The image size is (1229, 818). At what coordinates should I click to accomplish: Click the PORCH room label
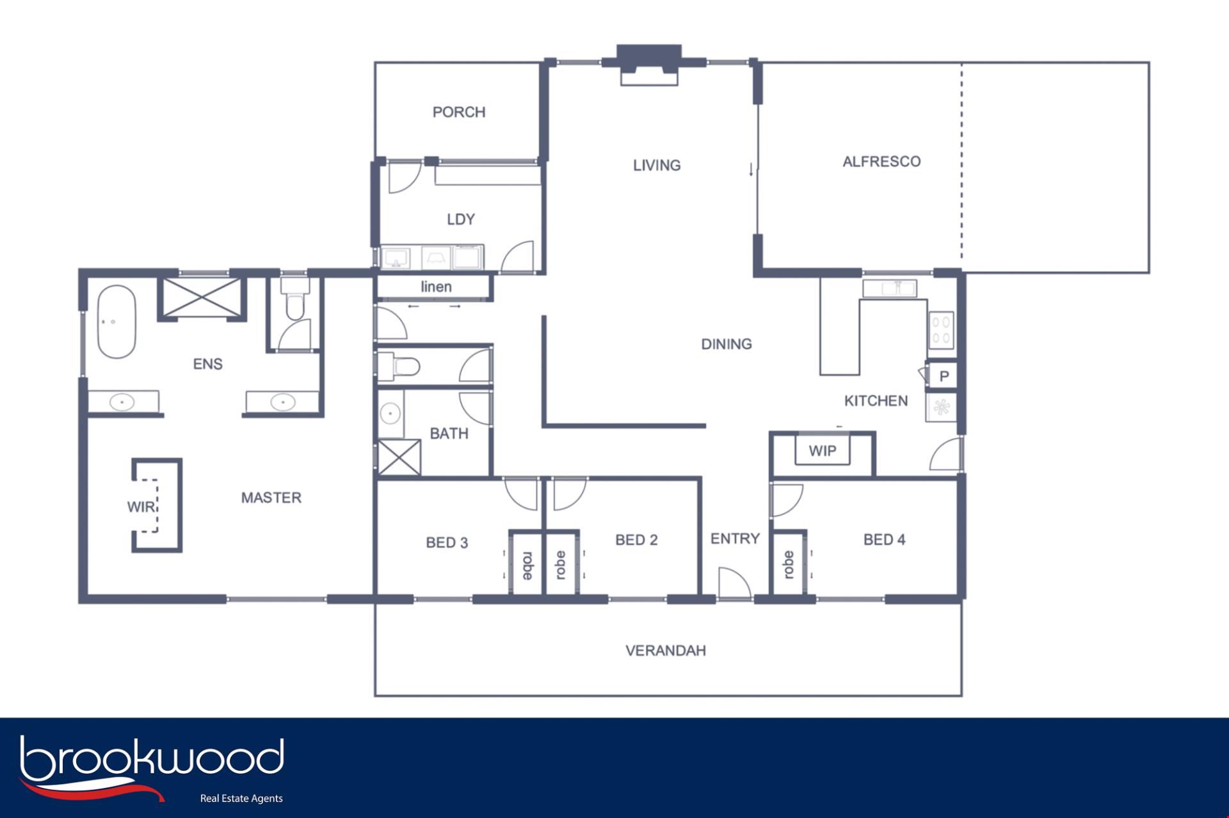[459, 113]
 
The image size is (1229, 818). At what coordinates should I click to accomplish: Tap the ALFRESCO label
[881, 162]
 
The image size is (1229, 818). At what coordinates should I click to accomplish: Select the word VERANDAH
[666, 651]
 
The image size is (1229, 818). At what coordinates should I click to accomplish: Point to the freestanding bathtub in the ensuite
[116, 322]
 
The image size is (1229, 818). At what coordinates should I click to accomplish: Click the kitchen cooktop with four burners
[942, 330]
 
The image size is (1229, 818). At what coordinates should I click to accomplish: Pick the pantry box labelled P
[944, 376]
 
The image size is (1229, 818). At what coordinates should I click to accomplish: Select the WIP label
[823, 451]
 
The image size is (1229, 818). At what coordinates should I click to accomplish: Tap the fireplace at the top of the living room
[648, 65]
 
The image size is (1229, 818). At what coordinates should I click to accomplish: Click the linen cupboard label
[436, 287]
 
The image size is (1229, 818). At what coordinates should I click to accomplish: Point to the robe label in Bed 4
[789, 564]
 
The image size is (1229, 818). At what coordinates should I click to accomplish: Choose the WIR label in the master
[141, 507]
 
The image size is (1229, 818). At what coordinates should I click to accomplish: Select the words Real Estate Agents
[241, 798]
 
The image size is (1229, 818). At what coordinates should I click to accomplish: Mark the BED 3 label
[447, 543]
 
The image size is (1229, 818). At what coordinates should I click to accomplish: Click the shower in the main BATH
[399, 457]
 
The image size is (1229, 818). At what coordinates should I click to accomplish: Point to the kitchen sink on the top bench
[889, 288]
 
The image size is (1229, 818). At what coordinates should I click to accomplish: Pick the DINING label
[727, 344]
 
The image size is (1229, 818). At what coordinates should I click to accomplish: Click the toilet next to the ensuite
[294, 299]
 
